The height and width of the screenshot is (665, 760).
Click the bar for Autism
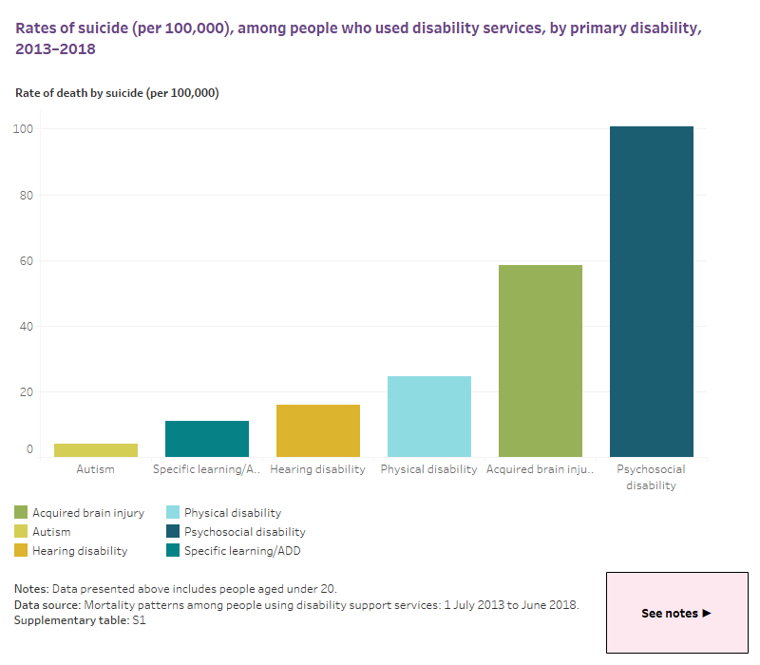pos(95,450)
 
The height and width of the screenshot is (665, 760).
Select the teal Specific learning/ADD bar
pos(206,439)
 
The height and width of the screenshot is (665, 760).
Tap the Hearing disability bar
pos(317,431)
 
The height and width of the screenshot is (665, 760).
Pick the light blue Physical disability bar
pos(429,417)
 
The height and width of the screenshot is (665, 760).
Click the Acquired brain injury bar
pos(540,361)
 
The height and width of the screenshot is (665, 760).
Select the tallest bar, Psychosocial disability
pos(651,292)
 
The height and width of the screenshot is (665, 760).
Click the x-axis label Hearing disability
pos(317,469)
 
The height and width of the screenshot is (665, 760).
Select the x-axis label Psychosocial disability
pos(651,477)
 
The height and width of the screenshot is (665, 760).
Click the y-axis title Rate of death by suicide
pos(117,93)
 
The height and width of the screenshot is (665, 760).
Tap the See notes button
pos(676,613)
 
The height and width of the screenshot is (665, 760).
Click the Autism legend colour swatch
pos(22,532)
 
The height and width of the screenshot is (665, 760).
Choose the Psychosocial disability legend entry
pos(244,532)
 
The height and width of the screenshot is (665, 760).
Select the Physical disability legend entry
pos(232,513)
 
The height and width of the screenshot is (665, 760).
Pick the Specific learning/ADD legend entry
pos(241,550)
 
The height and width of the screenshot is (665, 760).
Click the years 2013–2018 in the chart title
pos(56,49)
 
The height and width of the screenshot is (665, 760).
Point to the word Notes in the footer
pos(32,589)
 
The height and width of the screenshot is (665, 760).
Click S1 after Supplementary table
pos(139,619)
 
